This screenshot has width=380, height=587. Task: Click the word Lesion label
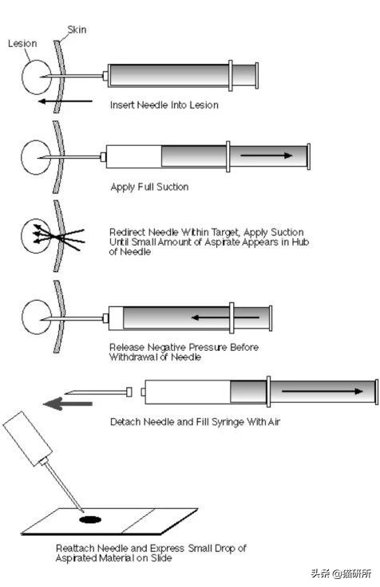pyautogui.click(x=22, y=43)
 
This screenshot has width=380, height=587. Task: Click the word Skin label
pyautogui.click(x=77, y=30)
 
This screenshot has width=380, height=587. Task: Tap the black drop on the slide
pyautogui.click(x=90, y=519)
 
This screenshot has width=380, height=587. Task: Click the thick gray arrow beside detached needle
pyautogui.click(x=68, y=404)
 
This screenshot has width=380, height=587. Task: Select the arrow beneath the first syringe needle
pyautogui.click(x=65, y=100)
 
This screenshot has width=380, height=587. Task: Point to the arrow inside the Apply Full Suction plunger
pyautogui.click(x=266, y=155)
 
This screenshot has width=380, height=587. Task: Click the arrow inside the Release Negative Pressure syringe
pyautogui.click(x=225, y=318)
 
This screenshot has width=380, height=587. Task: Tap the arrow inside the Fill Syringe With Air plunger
pyautogui.click(x=323, y=392)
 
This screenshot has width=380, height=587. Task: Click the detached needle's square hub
pyautogui.click(x=129, y=392)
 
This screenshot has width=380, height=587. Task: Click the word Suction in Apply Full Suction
pyautogui.click(x=172, y=187)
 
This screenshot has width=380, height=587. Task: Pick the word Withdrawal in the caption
pyautogui.click(x=133, y=357)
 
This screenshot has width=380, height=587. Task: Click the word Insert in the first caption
pyautogui.click(x=122, y=104)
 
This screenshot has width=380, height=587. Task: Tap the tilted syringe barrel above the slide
pyautogui.click(x=27, y=439)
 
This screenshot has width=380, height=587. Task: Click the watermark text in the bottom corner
pyautogui.click(x=342, y=573)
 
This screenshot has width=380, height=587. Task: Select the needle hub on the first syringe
pyautogui.click(x=105, y=76)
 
